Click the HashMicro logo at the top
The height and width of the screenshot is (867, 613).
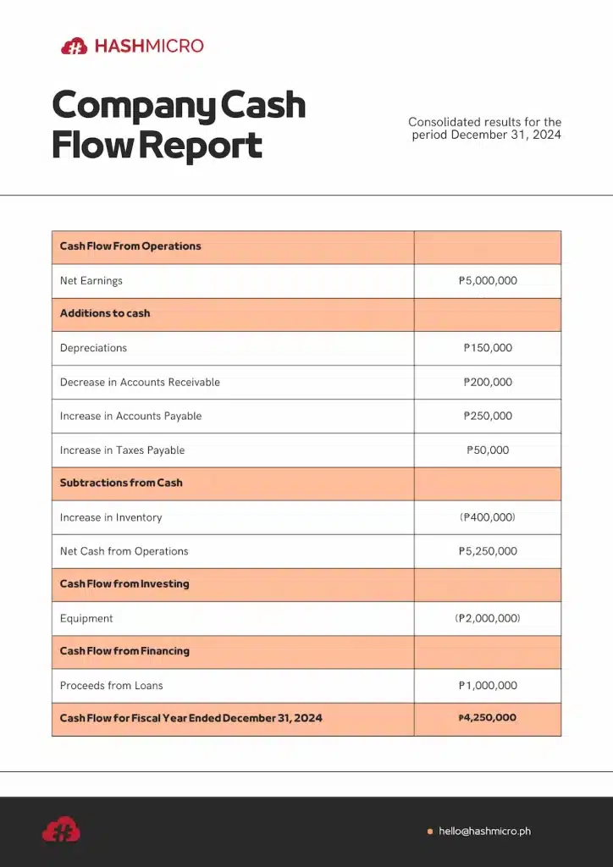pos(132,46)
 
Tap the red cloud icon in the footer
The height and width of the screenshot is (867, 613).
pos(61,830)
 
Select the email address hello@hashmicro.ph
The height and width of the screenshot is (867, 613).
pos(484,831)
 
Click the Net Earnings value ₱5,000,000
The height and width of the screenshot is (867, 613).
pos(488,280)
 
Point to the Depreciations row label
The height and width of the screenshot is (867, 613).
pos(93,348)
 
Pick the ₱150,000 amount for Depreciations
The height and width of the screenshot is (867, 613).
pos(488,348)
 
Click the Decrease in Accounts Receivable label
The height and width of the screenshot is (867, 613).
pos(140,382)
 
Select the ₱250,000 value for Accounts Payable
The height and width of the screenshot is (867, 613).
pos(488,416)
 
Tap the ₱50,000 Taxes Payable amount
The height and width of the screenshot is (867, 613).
pos(488,450)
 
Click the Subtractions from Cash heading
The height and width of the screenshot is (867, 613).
pos(121,483)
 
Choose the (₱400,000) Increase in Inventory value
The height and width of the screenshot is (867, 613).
pos(488,516)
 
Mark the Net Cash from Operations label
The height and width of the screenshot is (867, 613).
pos(124,551)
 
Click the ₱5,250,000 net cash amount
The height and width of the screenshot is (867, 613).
pos(488,551)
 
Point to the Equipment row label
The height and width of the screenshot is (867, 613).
pos(86,618)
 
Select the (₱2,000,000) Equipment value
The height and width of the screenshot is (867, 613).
pos(488,618)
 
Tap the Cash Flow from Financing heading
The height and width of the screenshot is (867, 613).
pos(124,651)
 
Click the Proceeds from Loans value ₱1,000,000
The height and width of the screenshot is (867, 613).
pos(488,685)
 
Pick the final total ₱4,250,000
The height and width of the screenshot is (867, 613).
pos(488,718)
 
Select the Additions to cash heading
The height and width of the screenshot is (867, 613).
pos(105,313)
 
